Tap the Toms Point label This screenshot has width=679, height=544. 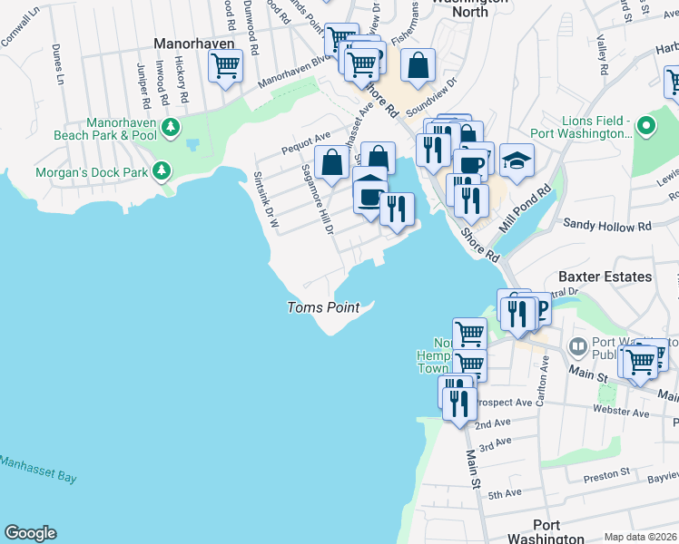tap(323, 307)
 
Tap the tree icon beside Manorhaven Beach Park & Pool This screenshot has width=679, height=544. tap(169, 130)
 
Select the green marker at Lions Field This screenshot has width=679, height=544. tap(645, 125)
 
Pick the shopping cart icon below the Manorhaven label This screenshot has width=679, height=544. tap(225, 65)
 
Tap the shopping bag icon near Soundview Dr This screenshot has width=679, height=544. tap(418, 65)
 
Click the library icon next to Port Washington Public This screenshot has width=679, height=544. tap(577, 347)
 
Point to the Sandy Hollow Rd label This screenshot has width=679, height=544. tap(607, 224)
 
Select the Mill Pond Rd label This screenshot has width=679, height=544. tap(533, 209)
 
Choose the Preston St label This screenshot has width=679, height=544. tap(606, 473)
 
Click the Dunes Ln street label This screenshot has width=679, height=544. tap(59, 64)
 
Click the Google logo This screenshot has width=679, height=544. tap(30, 533)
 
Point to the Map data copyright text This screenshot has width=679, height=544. tap(640, 537)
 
